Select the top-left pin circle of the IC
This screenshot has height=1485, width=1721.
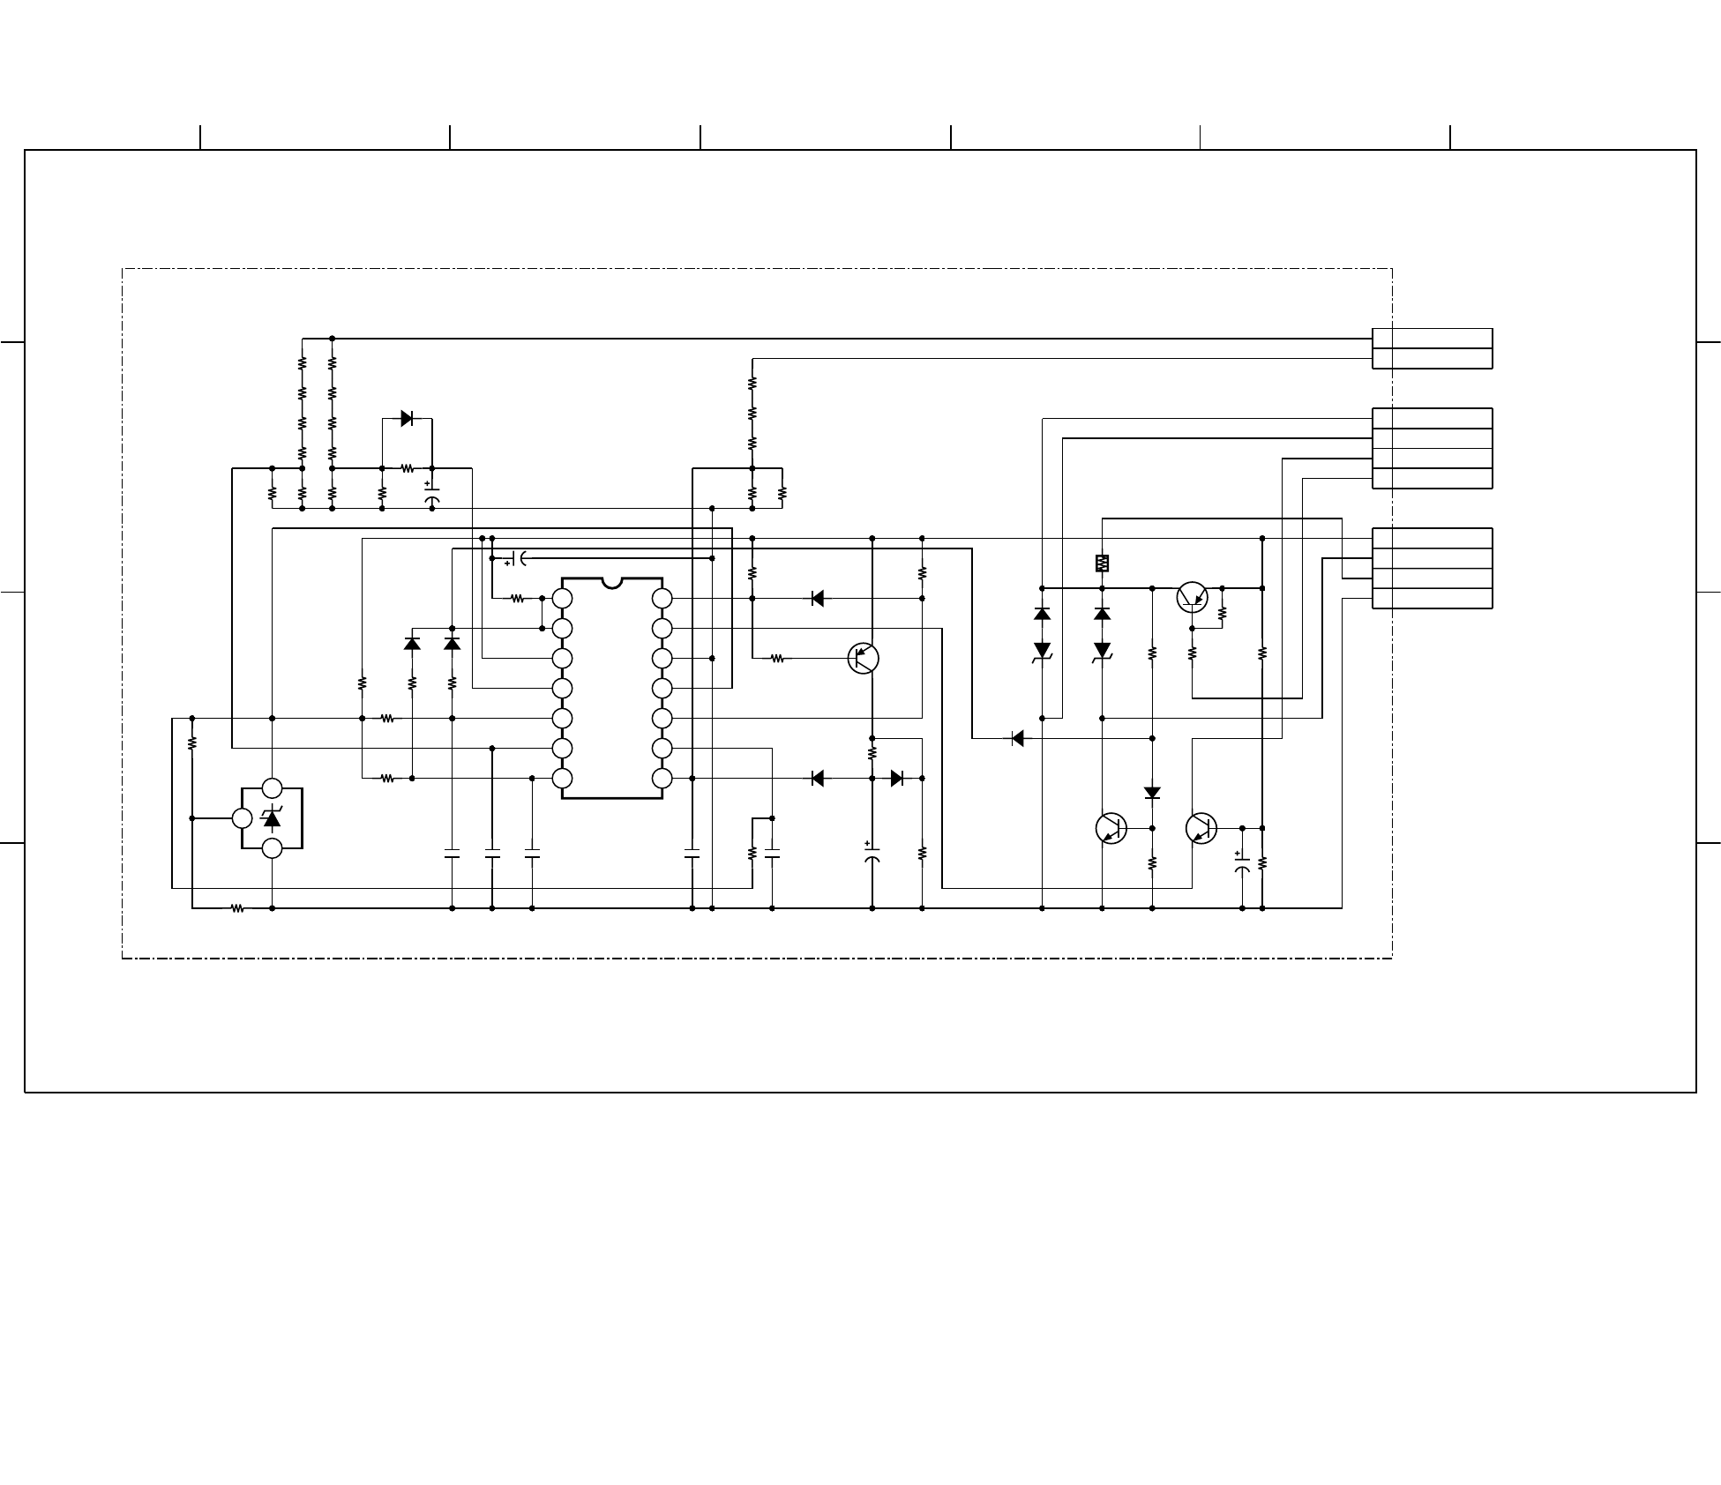click(x=562, y=599)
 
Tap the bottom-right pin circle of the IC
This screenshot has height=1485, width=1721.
click(x=662, y=779)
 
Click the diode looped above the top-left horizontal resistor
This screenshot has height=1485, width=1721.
click(x=407, y=419)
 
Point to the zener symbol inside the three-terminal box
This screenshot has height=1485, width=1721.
click(x=273, y=818)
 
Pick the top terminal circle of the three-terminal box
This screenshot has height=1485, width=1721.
click(x=273, y=788)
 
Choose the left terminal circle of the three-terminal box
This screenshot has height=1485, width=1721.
click(x=243, y=818)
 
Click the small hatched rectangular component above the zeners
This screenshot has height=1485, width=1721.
click(x=1102, y=563)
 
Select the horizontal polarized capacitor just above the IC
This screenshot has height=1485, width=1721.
click(x=518, y=558)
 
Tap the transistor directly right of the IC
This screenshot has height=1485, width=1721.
click(x=864, y=658)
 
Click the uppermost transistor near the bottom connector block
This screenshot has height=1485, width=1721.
click(x=1193, y=597)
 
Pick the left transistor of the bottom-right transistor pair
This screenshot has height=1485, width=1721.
click(x=1111, y=828)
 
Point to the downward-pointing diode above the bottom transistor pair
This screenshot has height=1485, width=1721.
click(x=1152, y=793)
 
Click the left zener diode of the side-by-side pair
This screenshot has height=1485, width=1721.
click(x=1042, y=651)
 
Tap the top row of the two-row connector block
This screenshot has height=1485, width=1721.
click(x=1432, y=339)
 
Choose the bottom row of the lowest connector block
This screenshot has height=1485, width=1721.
click(x=1432, y=599)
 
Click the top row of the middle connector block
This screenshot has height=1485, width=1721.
click(x=1432, y=419)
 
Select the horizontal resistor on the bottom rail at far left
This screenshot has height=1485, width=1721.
click(x=237, y=907)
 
